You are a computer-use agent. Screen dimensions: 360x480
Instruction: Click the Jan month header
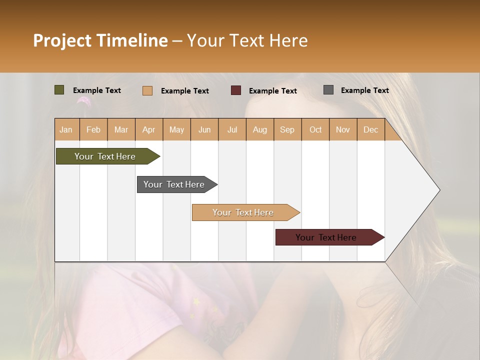[x=66, y=129]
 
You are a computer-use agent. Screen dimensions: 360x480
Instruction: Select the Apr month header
[x=148, y=129]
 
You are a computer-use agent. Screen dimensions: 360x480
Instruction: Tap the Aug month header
[x=259, y=129]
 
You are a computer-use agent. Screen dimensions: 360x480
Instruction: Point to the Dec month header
[x=370, y=129]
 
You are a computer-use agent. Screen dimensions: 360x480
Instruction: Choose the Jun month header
[x=204, y=129]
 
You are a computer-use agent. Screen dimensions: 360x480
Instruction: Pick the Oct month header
[x=315, y=129]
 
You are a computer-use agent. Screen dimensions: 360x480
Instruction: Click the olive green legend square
[x=59, y=90]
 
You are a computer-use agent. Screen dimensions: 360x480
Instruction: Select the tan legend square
[x=147, y=90]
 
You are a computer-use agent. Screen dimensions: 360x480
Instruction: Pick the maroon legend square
[x=236, y=90]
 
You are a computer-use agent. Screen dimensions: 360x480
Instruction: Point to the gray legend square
[x=328, y=90]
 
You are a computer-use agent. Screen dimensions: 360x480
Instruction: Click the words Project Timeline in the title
[x=100, y=40]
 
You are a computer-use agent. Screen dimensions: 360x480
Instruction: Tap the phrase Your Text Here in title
[x=247, y=40]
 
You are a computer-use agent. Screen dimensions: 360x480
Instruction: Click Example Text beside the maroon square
[x=272, y=91]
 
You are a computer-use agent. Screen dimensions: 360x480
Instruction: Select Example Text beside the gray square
[x=364, y=90]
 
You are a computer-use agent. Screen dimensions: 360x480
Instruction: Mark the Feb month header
[x=93, y=129]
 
